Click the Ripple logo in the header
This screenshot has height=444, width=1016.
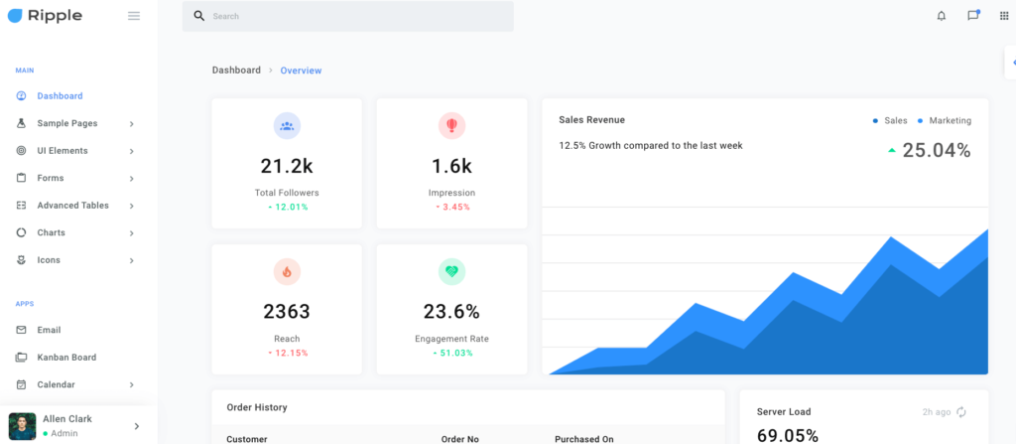click(45, 16)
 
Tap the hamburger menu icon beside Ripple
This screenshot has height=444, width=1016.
click(134, 16)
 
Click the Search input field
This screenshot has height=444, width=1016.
click(347, 17)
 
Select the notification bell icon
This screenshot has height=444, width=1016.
click(942, 16)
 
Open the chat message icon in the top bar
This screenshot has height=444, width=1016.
click(973, 16)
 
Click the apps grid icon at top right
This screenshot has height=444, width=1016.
click(1004, 16)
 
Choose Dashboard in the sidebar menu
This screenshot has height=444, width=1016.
click(60, 96)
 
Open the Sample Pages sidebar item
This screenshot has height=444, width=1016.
click(67, 123)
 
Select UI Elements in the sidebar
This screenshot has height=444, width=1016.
click(63, 151)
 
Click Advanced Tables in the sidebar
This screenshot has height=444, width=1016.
click(73, 206)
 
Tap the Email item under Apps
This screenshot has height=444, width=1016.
click(49, 330)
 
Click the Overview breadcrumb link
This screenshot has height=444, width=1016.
click(301, 71)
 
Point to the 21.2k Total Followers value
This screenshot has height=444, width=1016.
click(287, 166)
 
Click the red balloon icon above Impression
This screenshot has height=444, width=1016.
click(451, 125)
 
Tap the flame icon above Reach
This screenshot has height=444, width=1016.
click(287, 271)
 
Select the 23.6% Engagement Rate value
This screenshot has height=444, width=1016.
click(451, 312)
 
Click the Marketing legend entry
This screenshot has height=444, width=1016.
click(949, 120)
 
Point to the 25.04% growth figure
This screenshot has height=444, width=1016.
click(936, 150)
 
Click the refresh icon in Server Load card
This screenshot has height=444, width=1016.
click(960, 412)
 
